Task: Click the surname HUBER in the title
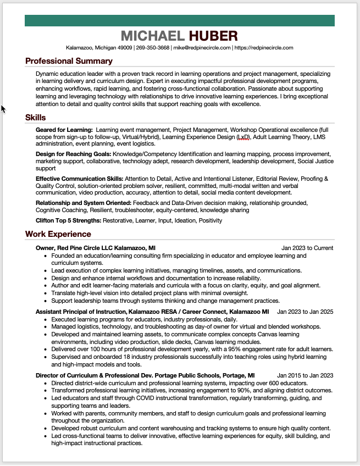(213, 36)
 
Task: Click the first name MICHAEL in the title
(152, 36)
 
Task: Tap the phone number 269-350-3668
(153, 48)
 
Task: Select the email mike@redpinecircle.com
(202, 48)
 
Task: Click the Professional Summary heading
(69, 61)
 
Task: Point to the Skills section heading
(35, 118)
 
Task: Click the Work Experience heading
(58, 234)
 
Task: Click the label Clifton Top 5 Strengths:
(69, 220)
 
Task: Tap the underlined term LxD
(242, 136)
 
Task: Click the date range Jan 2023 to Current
(307, 248)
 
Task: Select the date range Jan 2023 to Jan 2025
(305, 312)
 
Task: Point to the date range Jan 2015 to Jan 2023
(305, 375)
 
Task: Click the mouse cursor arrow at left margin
(3, 109)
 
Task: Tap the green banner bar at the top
(180, 20)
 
